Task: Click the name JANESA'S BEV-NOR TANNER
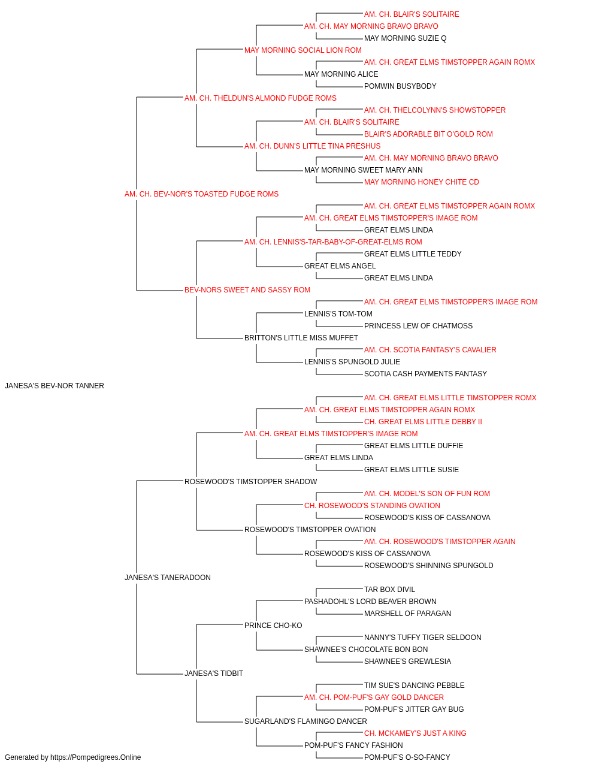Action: (55, 386)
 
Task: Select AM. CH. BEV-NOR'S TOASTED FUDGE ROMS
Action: (201, 194)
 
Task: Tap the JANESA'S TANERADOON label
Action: (168, 578)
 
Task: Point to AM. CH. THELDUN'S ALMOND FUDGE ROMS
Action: (261, 98)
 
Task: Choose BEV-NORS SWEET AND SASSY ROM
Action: (247, 290)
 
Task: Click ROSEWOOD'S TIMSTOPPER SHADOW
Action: (251, 481)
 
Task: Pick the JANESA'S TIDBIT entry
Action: (214, 674)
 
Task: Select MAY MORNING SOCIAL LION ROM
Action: (303, 50)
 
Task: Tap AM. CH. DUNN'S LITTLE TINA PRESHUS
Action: (313, 146)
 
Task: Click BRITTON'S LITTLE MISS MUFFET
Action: (301, 338)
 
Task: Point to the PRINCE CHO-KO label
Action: (273, 626)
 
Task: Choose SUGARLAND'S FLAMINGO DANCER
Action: (306, 721)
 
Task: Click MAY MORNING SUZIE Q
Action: (406, 38)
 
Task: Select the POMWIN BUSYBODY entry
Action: (400, 86)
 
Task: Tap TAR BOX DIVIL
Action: (389, 590)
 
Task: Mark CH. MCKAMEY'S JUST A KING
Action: (415, 733)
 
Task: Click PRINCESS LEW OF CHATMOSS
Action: (418, 326)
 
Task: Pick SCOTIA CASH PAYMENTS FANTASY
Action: (425, 374)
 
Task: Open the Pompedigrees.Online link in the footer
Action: (96, 757)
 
